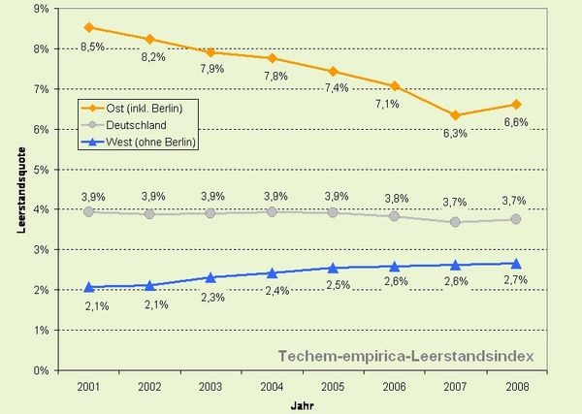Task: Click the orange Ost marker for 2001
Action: click(x=89, y=27)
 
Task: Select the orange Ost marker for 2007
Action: click(x=456, y=115)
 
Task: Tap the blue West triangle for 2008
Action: click(x=516, y=263)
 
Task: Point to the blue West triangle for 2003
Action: click(x=211, y=277)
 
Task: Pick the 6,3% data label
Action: click(x=456, y=134)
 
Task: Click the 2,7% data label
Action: click(x=516, y=281)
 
